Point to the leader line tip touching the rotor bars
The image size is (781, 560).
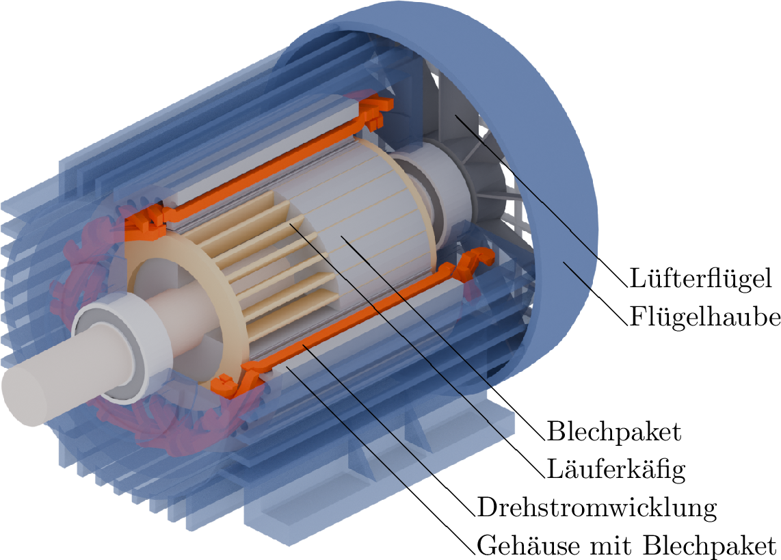pyautogui.click(x=290, y=222)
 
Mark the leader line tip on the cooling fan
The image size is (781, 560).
pyautogui.click(x=457, y=117)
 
